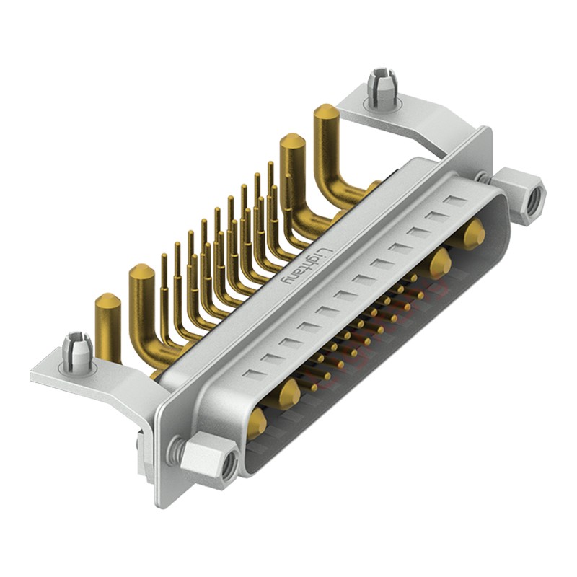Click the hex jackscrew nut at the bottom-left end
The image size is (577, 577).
click(210, 461)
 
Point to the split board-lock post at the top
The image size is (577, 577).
click(380, 87)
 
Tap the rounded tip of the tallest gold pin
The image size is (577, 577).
click(325, 112)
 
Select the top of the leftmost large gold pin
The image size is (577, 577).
click(107, 301)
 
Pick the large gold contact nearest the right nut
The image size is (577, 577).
click(474, 234)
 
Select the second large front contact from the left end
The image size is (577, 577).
click(289, 393)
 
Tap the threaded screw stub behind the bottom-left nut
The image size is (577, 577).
click(175, 451)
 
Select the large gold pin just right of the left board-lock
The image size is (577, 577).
click(142, 278)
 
